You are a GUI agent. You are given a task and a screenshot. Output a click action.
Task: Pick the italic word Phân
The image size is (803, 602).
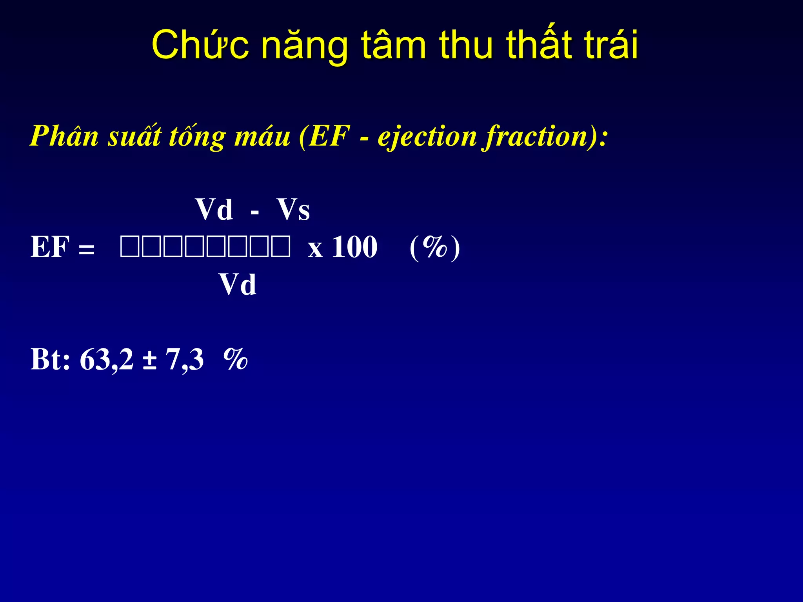coord(65,136)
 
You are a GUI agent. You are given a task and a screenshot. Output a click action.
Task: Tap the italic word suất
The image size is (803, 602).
coord(134,136)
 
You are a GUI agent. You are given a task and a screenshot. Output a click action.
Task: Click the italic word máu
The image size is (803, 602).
coord(262,136)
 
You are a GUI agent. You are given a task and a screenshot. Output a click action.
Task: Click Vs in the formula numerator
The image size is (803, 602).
coord(293,210)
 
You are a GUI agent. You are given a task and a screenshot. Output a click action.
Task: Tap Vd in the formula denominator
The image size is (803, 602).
coord(238,285)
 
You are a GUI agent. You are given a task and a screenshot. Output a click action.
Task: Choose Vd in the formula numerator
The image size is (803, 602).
coord(214,210)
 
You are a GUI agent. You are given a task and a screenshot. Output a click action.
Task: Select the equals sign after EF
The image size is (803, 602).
coord(86,249)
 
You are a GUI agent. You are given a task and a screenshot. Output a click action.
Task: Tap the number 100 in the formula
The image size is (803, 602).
coord(354,247)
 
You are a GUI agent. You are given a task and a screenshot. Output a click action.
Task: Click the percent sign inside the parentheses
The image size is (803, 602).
coord(434,247)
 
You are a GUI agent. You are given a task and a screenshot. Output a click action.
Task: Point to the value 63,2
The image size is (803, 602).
coord(107,359)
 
